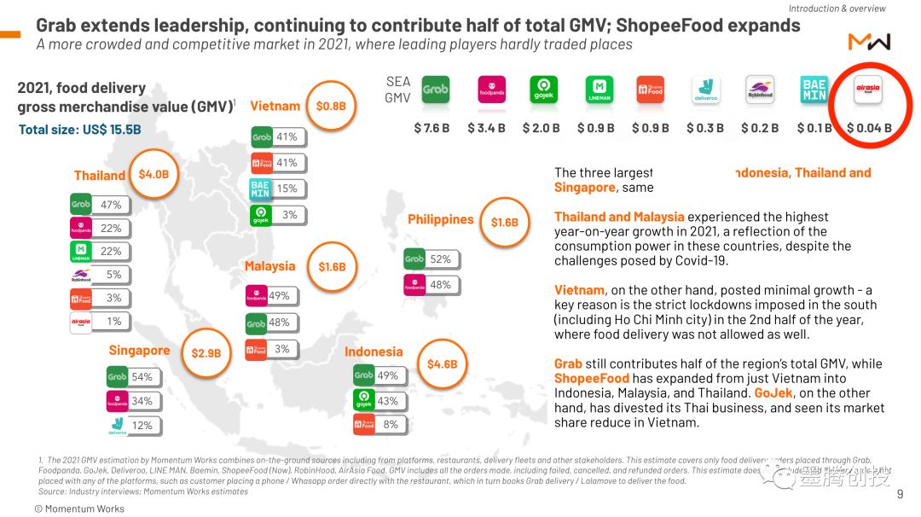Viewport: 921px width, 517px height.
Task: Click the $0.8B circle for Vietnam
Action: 331,106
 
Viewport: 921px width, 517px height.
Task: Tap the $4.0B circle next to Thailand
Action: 153,175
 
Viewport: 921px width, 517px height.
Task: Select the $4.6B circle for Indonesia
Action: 442,364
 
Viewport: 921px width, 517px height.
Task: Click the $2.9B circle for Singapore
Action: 206,352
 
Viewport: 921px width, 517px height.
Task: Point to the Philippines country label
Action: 440,219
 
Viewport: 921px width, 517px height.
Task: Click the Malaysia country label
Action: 269,266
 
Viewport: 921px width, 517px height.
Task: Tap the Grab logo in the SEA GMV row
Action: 435,90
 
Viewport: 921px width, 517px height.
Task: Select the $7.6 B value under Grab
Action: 432,128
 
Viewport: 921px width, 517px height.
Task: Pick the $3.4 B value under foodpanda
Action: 486,128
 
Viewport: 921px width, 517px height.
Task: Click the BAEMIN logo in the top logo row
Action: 814,90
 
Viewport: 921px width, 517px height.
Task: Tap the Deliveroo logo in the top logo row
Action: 704,90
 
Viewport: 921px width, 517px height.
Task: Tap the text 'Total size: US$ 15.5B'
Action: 80,130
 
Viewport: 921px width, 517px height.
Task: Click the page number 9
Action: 900,494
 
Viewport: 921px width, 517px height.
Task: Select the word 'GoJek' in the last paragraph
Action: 773,393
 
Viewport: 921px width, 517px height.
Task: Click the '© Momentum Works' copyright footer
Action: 79,508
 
